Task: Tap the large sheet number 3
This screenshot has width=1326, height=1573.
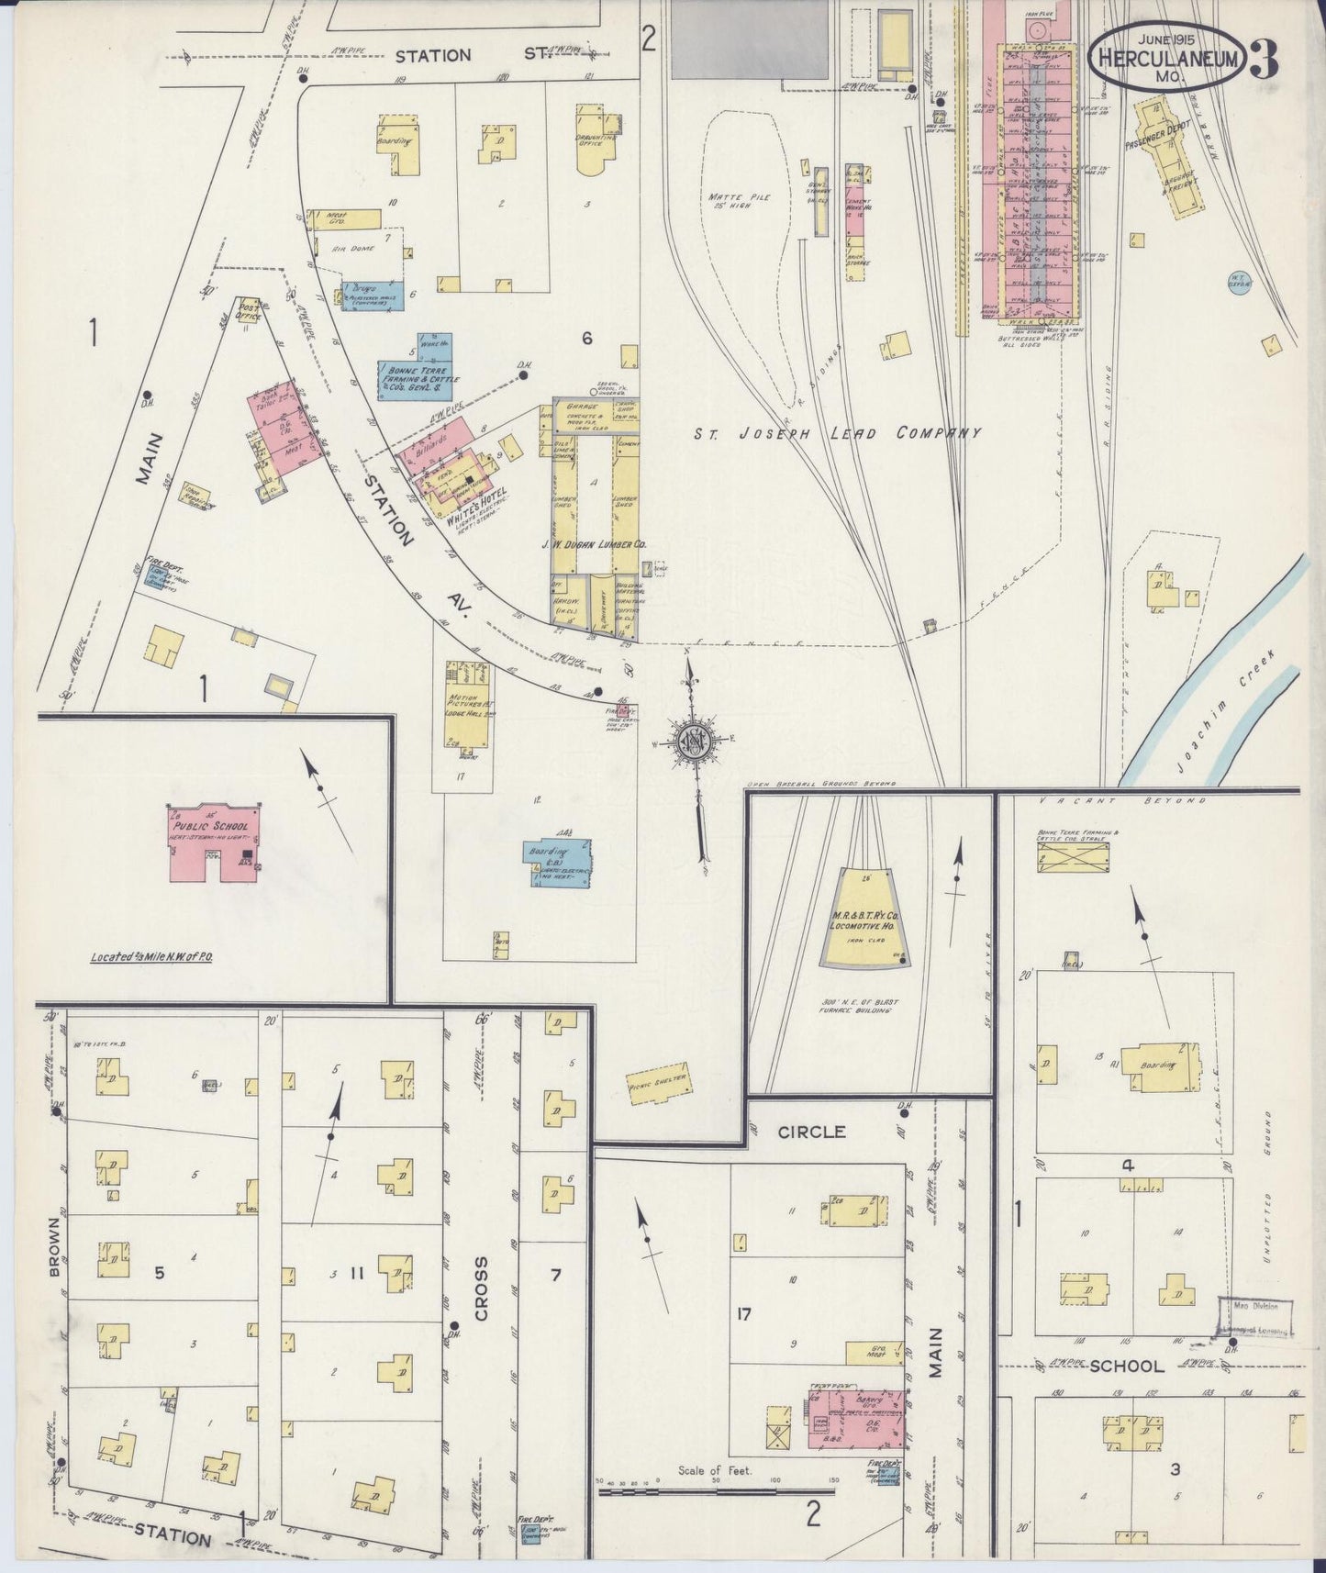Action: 1265,59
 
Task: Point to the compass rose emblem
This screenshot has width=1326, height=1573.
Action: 696,742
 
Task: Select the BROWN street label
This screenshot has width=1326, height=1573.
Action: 51,1248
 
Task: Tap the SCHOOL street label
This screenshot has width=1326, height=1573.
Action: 1128,1366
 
